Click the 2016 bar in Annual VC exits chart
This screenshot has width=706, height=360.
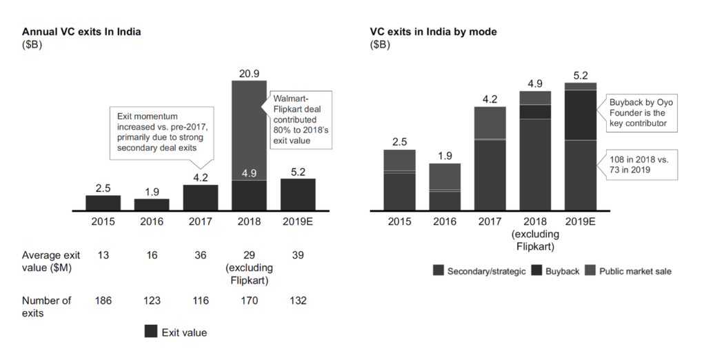(152, 204)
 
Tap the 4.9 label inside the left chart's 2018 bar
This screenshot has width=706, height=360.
(249, 172)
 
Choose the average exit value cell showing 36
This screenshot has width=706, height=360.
(201, 256)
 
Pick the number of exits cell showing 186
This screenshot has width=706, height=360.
(103, 301)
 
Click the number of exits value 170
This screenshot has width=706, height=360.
(249, 301)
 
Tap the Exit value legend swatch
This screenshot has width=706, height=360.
(151, 332)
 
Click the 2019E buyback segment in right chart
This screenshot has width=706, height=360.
(581, 114)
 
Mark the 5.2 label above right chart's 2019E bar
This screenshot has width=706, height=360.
(581, 74)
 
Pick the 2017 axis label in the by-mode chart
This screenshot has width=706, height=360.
(490, 222)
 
